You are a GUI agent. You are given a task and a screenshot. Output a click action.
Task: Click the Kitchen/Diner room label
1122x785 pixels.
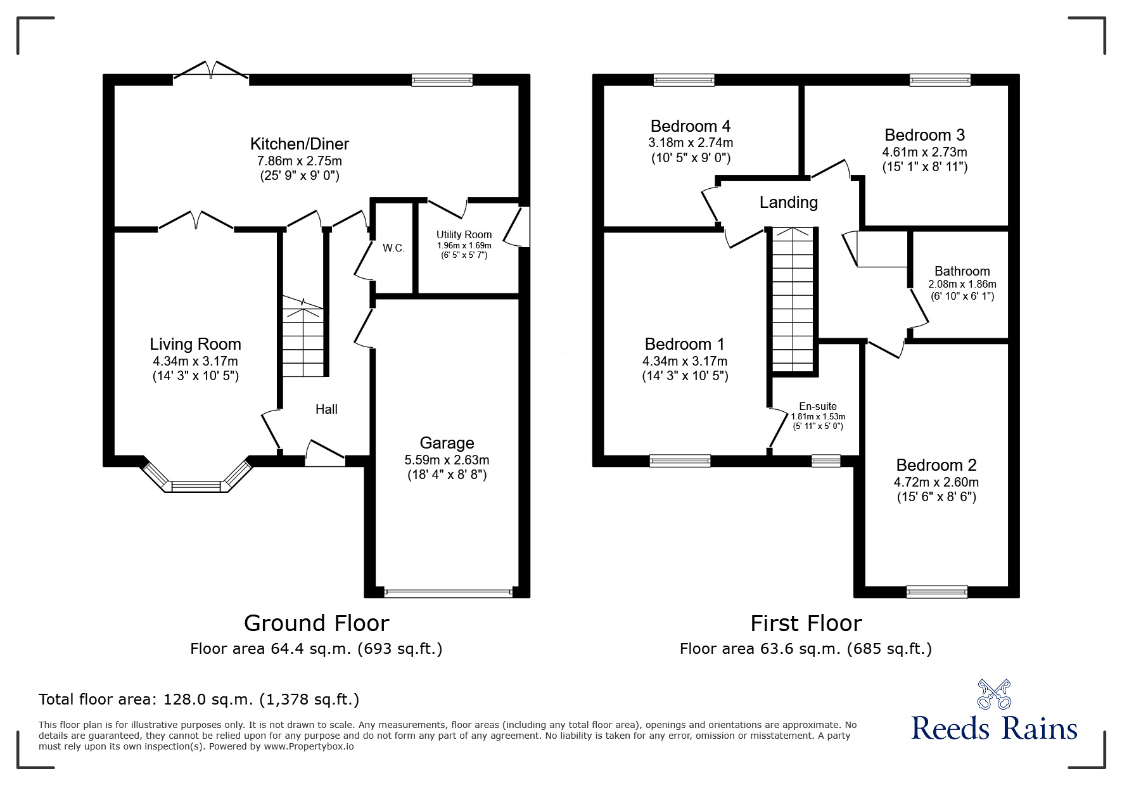pyautogui.click(x=299, y=144)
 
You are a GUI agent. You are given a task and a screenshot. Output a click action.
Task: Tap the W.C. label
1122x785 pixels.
pyautogui.click(x=393, y=248)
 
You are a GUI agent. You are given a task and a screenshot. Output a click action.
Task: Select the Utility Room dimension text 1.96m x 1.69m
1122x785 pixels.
pyautogui.click(x=464, y=245)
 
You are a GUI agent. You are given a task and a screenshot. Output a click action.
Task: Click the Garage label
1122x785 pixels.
pyautogui.click(x=447, y=443)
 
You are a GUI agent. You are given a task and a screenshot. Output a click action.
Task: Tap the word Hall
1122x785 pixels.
pyautogui.click(x=326, y=409)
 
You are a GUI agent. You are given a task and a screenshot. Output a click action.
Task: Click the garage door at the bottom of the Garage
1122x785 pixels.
pyautogui.click(x=447, y=593)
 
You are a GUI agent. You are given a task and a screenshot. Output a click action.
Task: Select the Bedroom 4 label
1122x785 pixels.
pyautogui.click(x=691, y=125)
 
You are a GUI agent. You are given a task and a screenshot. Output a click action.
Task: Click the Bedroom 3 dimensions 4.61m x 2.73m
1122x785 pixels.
pyautogui.click(x=924, y=152)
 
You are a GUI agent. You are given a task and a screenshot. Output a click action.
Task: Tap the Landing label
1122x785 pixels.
pyautogui.click(x=788, y=202)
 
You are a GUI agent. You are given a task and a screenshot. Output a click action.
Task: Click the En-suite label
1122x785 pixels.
pyautogui.click(x=817, y=406)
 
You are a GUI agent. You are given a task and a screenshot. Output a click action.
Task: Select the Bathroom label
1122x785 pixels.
pyautogui.click(x=962, y=271)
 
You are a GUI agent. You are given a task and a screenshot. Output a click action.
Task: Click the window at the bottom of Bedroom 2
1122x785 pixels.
pyautogui.click(x=936, y=592)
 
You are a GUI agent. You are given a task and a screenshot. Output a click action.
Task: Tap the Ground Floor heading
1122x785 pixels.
pyautogui.click(x=316, y=623)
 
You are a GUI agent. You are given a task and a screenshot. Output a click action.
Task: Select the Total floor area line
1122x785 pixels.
pyautogui.click(x=199, y=699)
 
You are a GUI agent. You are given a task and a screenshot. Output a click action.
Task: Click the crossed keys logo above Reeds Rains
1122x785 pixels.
pyautogui.click(x=993, y=694)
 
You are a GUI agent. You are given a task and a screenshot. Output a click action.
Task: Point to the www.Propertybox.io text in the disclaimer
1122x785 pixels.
pyautogui.click(x=309, y=746)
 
